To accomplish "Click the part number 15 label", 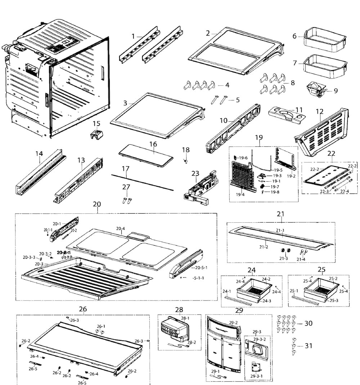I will [x=96, y=124].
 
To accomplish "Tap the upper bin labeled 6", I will [x=319, y=38].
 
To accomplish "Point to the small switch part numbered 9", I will [x=315, y=89].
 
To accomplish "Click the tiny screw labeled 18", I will [x=186, y=161].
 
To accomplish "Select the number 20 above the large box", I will [x=97, y=204].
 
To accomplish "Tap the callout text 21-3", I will [x=284, y=259].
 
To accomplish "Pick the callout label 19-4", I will [x=240, y=195].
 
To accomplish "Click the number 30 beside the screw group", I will [x=309, y=323].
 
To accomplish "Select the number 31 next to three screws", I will [x=309, y=346].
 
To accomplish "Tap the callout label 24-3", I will [x=267, y=300].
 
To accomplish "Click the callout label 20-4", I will [x=121, y=228].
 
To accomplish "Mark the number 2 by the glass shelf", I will [x=208, y=33].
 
